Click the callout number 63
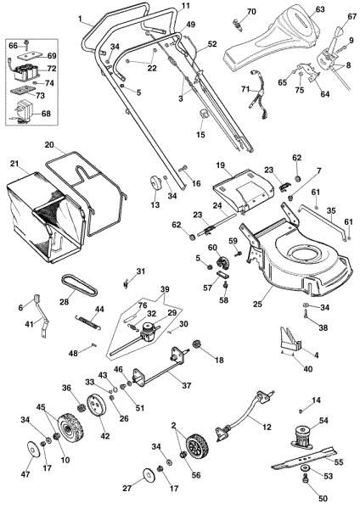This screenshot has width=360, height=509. tap(295, 9)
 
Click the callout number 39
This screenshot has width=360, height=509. tap(165, 288)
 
